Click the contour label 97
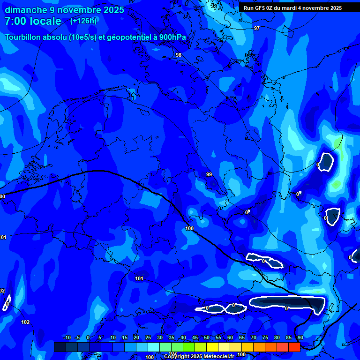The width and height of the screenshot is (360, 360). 256,29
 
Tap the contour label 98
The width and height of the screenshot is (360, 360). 179,55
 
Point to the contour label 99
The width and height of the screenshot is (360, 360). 209,174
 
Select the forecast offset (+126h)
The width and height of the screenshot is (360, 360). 83,21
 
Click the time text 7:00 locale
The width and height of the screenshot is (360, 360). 33,21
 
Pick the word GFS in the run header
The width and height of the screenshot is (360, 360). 259,8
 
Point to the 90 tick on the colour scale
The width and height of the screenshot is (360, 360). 300,338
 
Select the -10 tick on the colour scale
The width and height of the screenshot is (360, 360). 67,338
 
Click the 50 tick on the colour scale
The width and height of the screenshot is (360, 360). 207,338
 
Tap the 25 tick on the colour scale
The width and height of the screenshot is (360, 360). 148,338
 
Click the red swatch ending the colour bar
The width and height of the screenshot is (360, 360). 294,347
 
